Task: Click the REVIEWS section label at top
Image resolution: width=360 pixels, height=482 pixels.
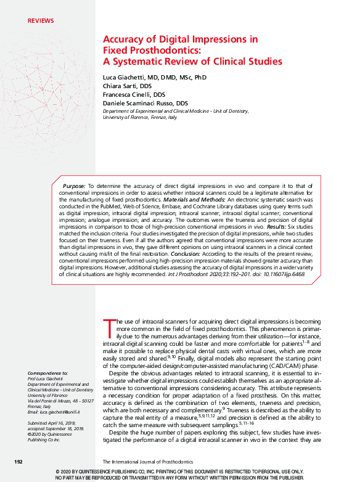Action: pos(41,21)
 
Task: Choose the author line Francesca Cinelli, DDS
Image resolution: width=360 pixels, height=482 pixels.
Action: pos(134,95)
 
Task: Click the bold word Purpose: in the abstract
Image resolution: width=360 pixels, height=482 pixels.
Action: pos(74,186)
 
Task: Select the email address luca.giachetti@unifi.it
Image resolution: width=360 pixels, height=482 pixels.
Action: pos(57,410)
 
